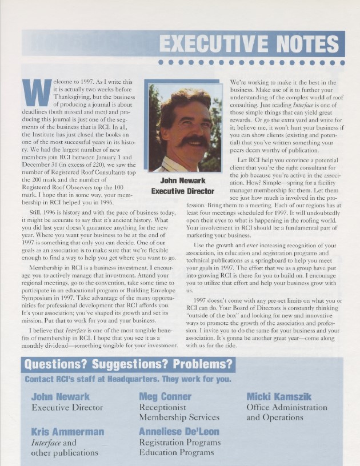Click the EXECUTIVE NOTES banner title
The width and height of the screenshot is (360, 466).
tap(249, 43)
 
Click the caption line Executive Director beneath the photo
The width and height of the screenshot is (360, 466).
tap(183, 191)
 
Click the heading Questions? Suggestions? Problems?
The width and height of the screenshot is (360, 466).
tap(129, 364)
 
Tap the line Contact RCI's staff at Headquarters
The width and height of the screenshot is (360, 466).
tap(128, 379)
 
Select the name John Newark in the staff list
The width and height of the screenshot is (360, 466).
tap(60, 396)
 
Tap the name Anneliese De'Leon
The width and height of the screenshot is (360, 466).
tap(179, 431)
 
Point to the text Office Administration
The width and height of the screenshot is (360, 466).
tap(287, 407)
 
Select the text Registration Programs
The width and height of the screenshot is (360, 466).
tap(177, 442)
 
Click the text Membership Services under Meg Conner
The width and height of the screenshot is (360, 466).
tap(179, 417)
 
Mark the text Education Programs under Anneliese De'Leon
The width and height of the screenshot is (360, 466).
tap(173, 453)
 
